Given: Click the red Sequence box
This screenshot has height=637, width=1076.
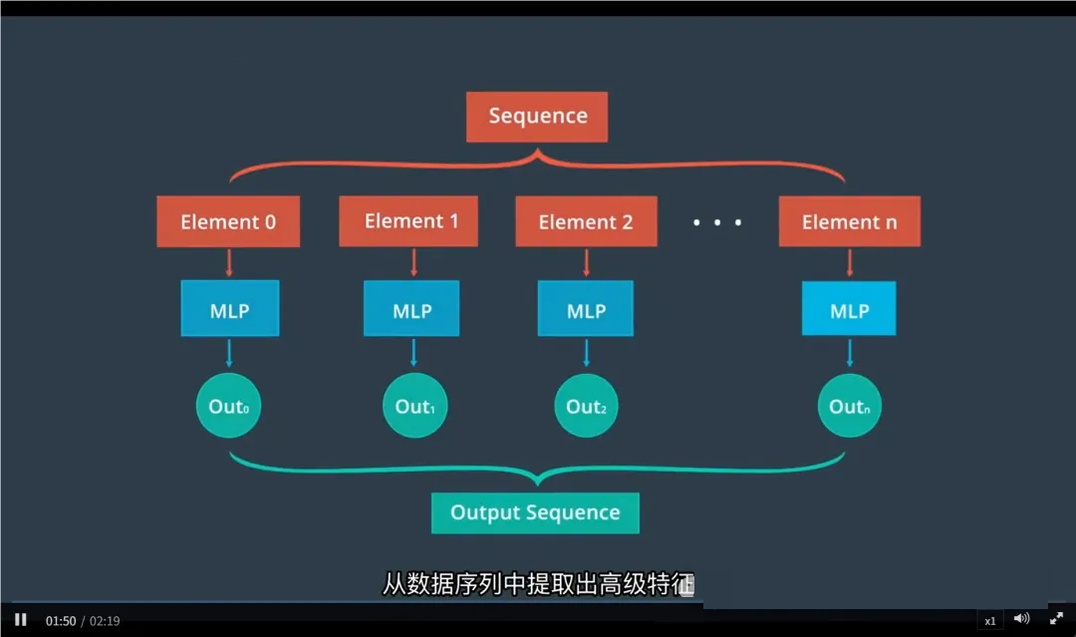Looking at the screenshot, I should click(x=537, y=117).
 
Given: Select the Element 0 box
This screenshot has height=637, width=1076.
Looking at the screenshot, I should click(x=228, y=221).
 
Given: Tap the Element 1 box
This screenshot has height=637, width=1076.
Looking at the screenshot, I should click(x=408, y=221).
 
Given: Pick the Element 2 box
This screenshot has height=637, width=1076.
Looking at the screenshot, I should click(x=586, y=221).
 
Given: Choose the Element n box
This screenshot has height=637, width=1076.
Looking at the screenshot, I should click(x=849, y=221).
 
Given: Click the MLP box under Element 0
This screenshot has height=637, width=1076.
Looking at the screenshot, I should click(x=229, y=309).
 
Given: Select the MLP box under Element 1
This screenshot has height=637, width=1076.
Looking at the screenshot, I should click(x=411, y=309).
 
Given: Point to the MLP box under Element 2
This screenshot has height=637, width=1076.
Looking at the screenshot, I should click(x=586, y=309).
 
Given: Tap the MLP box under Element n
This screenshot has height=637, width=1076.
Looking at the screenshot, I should click(x=849, y=309).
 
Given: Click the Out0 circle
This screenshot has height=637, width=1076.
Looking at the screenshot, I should click(x=228, y=406).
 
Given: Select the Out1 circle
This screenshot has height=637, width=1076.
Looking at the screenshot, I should click(x=415, y=406).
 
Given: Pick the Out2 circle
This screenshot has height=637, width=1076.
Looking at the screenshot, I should click(x=586, y=406).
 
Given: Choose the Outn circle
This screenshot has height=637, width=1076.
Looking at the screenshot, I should click(x=850, y=406).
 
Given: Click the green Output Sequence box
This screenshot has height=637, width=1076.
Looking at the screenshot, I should click(x=535, y=512).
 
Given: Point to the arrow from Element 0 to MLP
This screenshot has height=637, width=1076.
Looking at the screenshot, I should click(x=229, y=263).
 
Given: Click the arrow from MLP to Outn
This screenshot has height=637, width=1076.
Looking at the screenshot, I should click(x=850, y=353).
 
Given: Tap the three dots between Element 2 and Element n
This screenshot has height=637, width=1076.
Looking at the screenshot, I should click(x=717, y=222).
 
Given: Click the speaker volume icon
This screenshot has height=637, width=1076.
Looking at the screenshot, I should click(x=1021, y=619).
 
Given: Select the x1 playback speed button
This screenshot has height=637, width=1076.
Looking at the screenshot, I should click(x=990, y=620).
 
